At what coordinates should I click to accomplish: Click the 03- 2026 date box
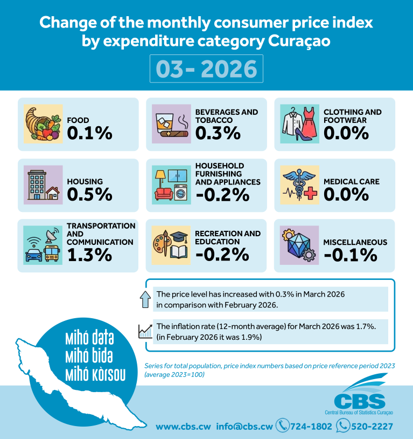coord(206,68)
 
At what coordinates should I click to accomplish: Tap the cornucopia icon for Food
coord(43,124)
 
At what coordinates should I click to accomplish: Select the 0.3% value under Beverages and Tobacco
coord(218,133)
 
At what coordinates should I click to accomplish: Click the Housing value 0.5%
coord(89,194)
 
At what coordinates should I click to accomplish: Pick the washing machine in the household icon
coord(180,192)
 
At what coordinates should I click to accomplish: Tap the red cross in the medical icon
coord(310,193)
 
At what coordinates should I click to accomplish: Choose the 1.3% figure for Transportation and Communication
coord(89,255)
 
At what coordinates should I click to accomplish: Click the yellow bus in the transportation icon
coord(52,253)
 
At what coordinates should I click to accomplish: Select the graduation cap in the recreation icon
coord(179,237)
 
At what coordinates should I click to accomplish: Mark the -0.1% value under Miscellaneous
coord(351,255)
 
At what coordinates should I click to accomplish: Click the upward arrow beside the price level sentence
coord(145,299)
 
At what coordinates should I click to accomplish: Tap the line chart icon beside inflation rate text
coord(145,331)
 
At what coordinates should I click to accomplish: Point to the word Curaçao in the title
coord(299,41)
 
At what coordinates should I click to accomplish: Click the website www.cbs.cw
coord(183,427)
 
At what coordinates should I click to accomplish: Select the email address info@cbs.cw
coord(244,427)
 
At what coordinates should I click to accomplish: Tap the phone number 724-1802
coord(311,427)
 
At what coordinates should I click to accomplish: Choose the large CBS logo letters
coord(360,401)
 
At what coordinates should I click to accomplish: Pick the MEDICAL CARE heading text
coord(352,181)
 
